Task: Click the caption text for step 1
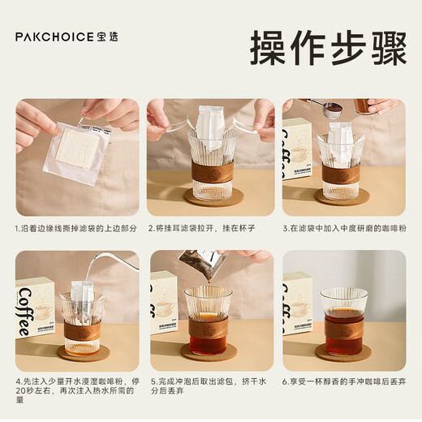tap(75, 228)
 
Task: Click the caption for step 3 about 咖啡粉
tap(342, 228)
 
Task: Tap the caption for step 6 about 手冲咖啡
tap(342, 380)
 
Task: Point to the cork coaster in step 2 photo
tap(209, 197)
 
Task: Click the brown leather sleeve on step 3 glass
tap(341, 173)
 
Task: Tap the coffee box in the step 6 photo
tap(298, 304)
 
